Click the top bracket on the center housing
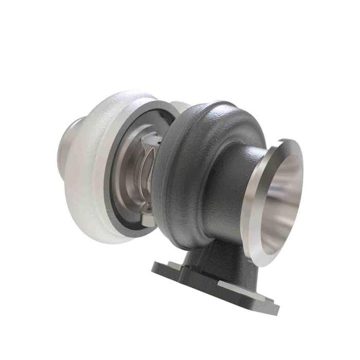tap(152, 139)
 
